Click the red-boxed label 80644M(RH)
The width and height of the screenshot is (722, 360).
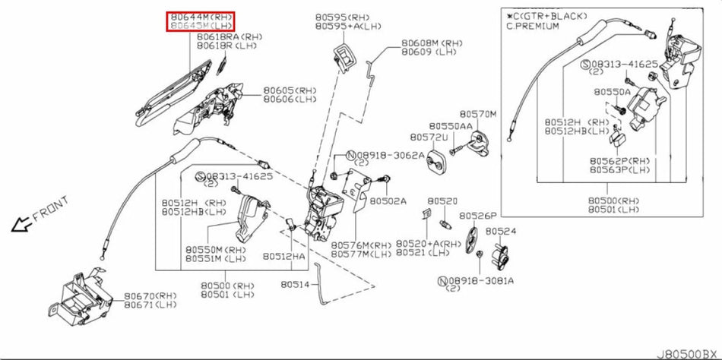point(201,17)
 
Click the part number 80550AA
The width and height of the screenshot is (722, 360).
point(450,126)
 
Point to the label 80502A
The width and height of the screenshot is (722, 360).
point(388,201)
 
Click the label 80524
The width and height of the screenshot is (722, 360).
point(501,231)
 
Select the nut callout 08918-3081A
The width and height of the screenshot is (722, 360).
point(481,280)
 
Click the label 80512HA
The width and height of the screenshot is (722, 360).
point(287,257)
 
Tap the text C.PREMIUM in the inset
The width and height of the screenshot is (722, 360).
point(533,26)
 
